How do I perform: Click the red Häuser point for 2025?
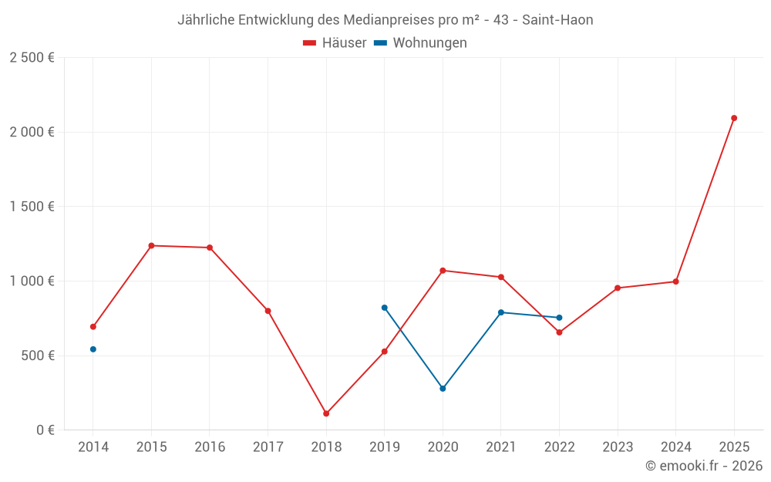point(734,118)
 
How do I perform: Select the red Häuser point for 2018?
point(326,413)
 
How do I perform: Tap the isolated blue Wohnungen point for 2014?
point(93,349)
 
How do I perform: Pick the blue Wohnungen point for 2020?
point(443,389)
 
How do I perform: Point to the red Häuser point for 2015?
point(151,245)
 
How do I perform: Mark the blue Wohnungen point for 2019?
point(385,308)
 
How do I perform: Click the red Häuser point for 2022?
point(559,332)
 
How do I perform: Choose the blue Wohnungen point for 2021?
point(501,312)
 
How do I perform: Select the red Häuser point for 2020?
point(443,271)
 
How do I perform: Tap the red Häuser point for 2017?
point(268,311)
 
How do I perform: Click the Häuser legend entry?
point(335,43)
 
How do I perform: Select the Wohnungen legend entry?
point(421,43)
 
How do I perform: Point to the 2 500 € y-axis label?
point(32,58)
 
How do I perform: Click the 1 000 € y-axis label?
point(32,281)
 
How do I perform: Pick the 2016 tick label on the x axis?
point(210,447)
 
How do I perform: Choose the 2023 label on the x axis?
point(618,447)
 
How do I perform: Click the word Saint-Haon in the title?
point(557,20)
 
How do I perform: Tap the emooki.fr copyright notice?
point(704,466)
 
